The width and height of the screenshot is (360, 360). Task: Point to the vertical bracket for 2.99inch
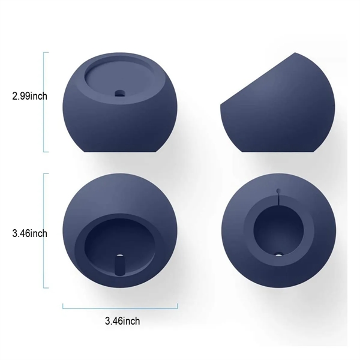tap(44, 102)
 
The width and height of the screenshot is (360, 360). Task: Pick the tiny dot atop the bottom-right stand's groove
tap(277, 191)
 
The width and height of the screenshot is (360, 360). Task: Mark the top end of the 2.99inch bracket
tap(44, 53)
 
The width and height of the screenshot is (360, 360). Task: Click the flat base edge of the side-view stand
tap(264, 152)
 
